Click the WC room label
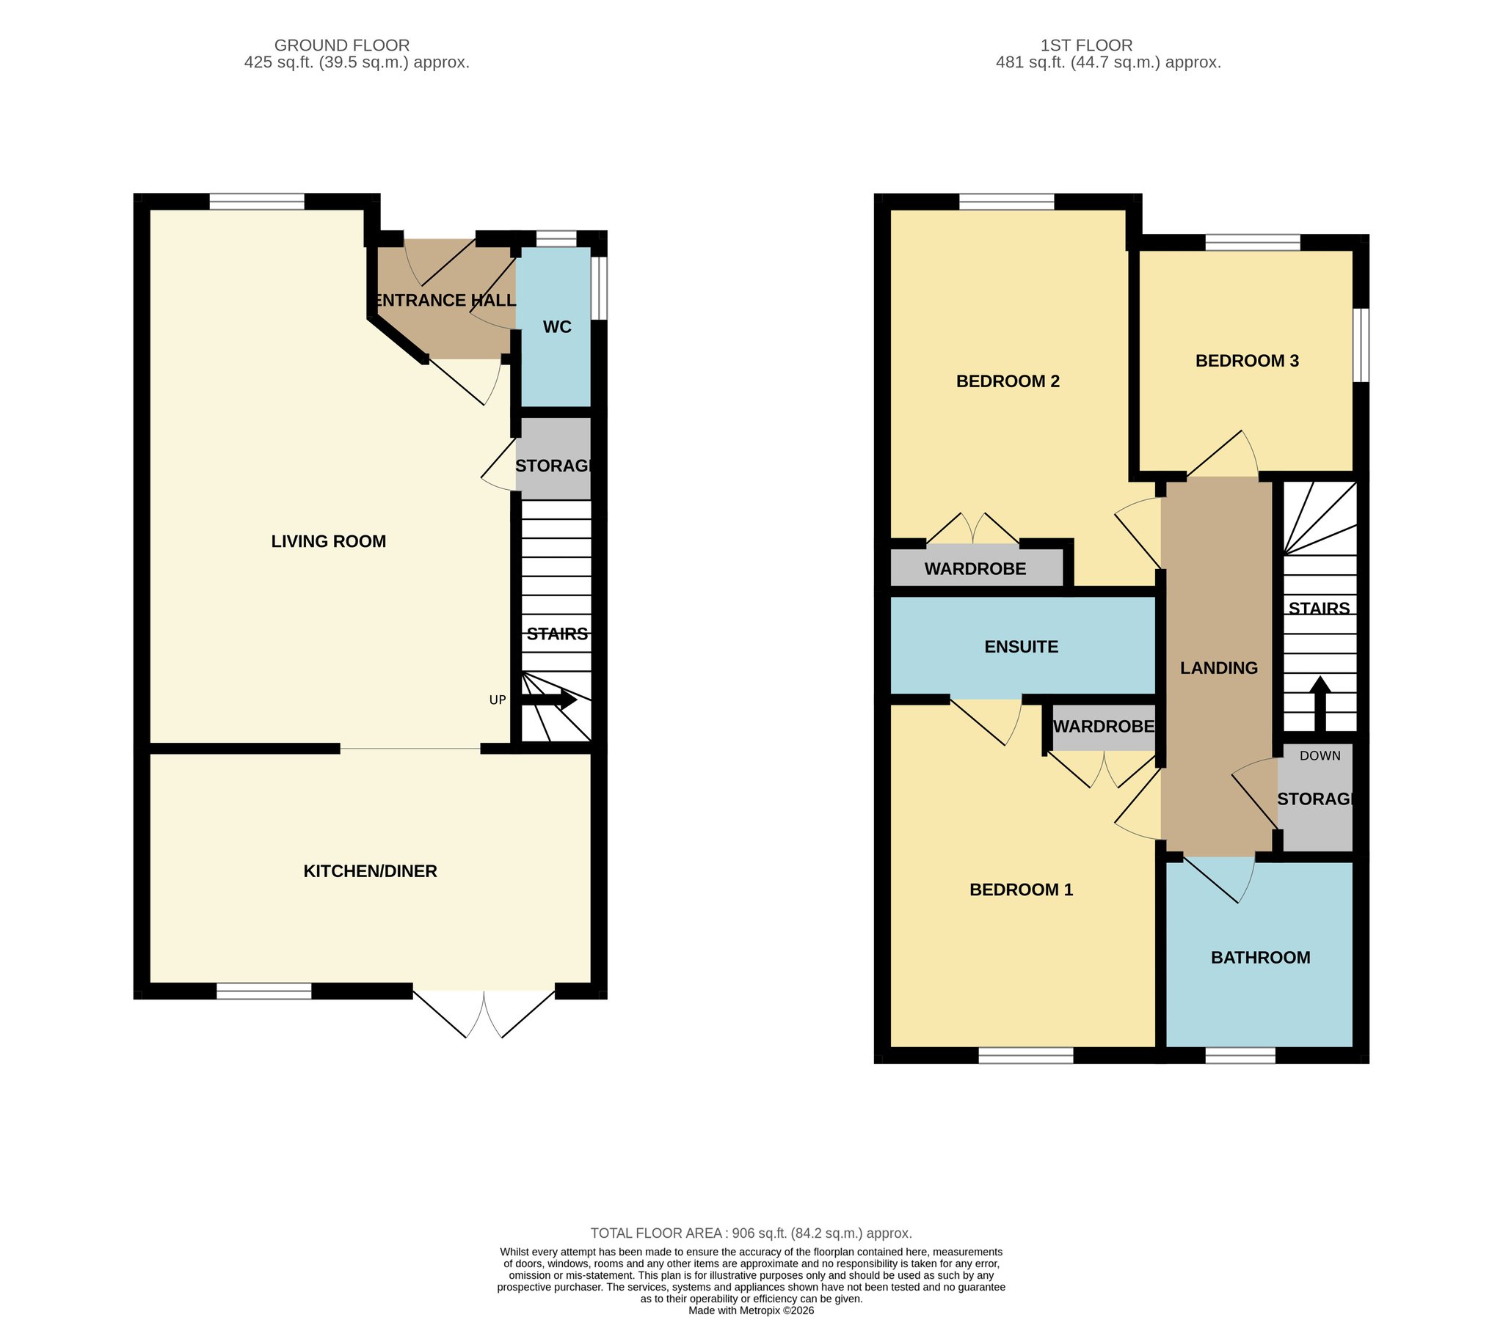tap(556, 327)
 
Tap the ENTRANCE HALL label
tap(445, 300)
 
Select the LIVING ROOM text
tap(329, 541)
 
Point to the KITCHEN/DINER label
tap(371, 871)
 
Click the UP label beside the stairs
tap(498, 700)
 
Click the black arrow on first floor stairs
tap(1320, 704)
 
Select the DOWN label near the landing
tap(1320, 755)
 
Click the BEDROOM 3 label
tap(1247, 361)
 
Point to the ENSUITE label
tap(1022, 647)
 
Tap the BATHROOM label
tap(1260, 958)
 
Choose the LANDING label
tap(1219, 668)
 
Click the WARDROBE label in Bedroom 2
tap(975, 569)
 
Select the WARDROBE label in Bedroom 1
tap(1103, 727)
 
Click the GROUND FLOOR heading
tap(342, 45)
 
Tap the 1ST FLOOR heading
tap(1086, 45)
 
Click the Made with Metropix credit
tap(751, 1310)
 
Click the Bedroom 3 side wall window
tap(1361, 345)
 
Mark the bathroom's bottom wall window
tap(1240, 1055)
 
